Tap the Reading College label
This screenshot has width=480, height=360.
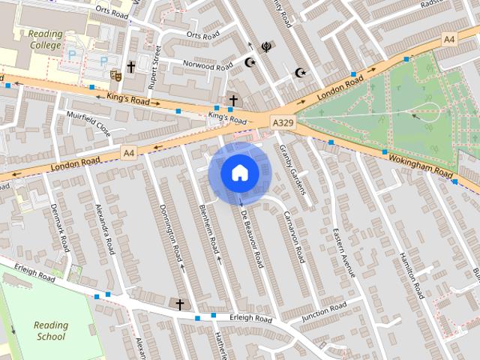click(46, 40)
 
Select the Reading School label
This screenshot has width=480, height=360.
click(51, 331)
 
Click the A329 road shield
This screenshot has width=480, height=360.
click(283, 122)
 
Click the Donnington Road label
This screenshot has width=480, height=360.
click(171, 227)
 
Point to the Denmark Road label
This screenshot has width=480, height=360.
click(59, 227)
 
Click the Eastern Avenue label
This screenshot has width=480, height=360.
click(343, 253)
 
